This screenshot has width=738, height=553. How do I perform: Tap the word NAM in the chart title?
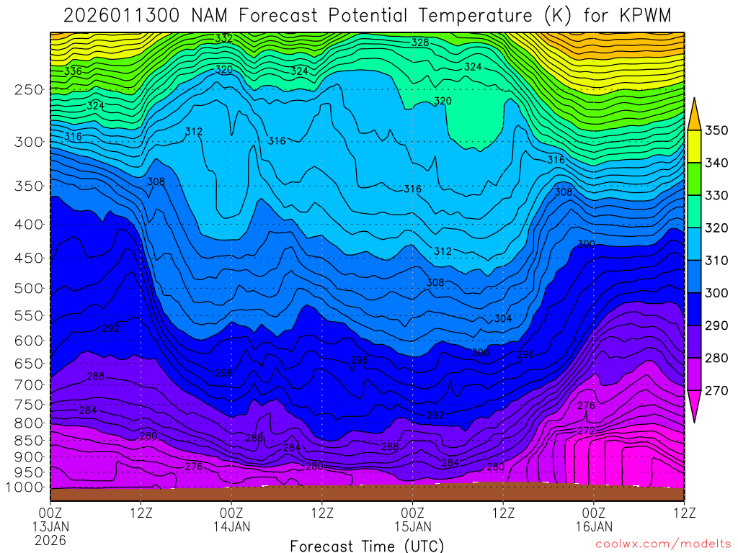pyautogui.click(x=213, y=15)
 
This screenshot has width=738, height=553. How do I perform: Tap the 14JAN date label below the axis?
pyautogui.click(x=231, y=526)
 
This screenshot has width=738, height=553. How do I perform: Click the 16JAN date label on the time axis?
pyautogui.click(x=593, y=526)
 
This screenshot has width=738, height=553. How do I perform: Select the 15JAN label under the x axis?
pyautogui.click(x=412, y=526)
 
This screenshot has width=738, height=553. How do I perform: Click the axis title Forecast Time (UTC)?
pyautogui.click(x=367, y=545)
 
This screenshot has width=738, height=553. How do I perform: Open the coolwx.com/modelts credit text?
pyautogui.click(x=663, y=544)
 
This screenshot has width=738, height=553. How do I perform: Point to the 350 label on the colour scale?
pyautogui.click(x=716, y=130)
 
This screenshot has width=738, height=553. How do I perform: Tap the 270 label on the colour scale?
pyautogui.click(x=716, y=391)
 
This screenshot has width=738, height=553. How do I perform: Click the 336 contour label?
pyautogui.click(x=73, y=71)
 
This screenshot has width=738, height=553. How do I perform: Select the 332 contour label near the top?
pyautogui.click(x=223, y=38)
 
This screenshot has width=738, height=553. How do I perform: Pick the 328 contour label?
pyautogui.click(x=420, y=42)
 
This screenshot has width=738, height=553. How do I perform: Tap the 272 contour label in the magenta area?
pyautogui.click(x=586, y=431)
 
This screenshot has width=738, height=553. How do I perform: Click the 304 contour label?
pyautogui.click(x=503, y=318)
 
